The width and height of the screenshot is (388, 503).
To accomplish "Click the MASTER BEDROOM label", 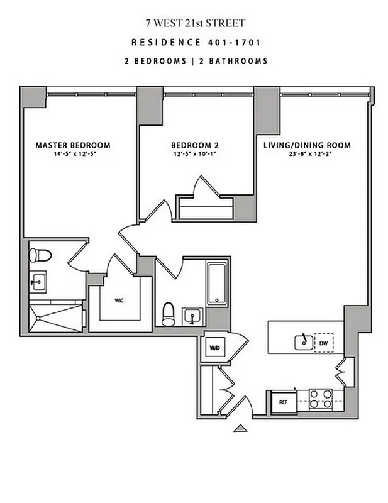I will click(72, 145).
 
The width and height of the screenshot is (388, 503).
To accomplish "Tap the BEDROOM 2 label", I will click(196, 145).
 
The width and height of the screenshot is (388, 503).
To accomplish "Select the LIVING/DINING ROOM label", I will click(307, 145).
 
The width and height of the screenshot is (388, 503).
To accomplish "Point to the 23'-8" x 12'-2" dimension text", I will click(307, 154).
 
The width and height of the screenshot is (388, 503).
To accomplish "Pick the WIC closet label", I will click(119, 301).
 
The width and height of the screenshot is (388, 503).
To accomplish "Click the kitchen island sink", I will click(302, 342).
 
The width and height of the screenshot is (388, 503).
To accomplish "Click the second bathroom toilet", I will click(169, 314).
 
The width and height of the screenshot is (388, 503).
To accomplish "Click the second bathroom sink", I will click(191, 316).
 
